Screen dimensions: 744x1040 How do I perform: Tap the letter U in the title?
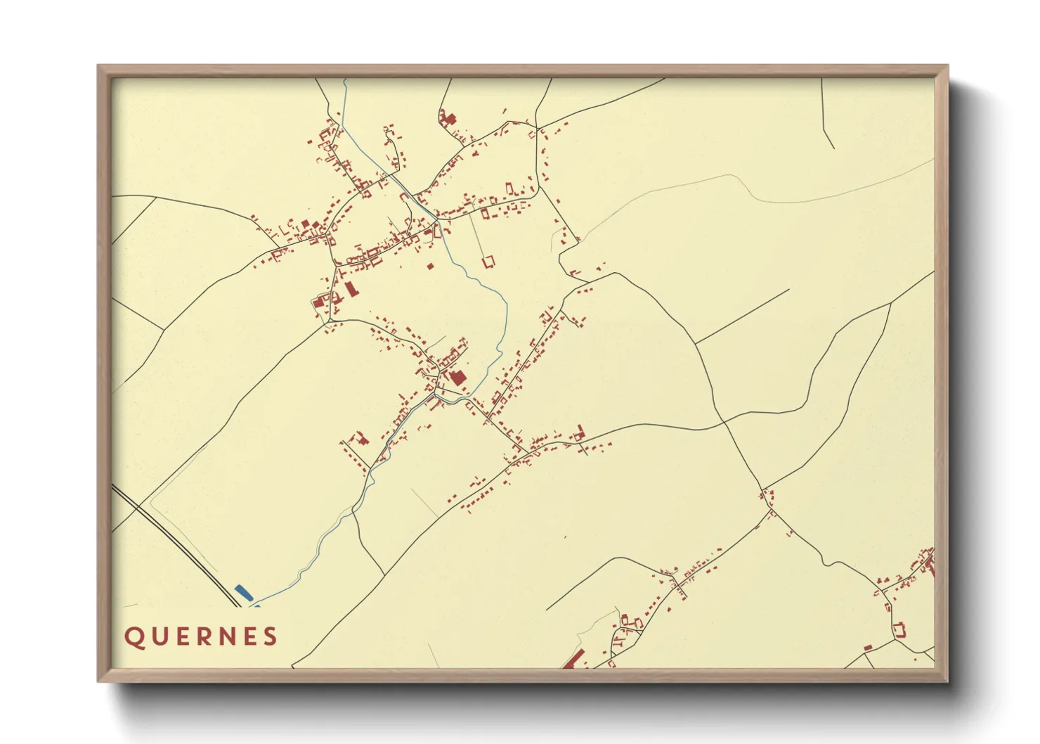point(157,637)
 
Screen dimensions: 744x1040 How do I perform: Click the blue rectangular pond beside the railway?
point(243,593)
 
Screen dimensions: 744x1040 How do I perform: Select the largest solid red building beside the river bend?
point(457,378)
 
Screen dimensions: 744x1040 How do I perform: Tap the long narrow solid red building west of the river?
point(350,288)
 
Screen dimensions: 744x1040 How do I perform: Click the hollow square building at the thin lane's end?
point(488,262)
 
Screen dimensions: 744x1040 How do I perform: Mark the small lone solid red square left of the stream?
point(431,267)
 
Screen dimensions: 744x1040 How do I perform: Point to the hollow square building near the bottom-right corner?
point(898,629)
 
